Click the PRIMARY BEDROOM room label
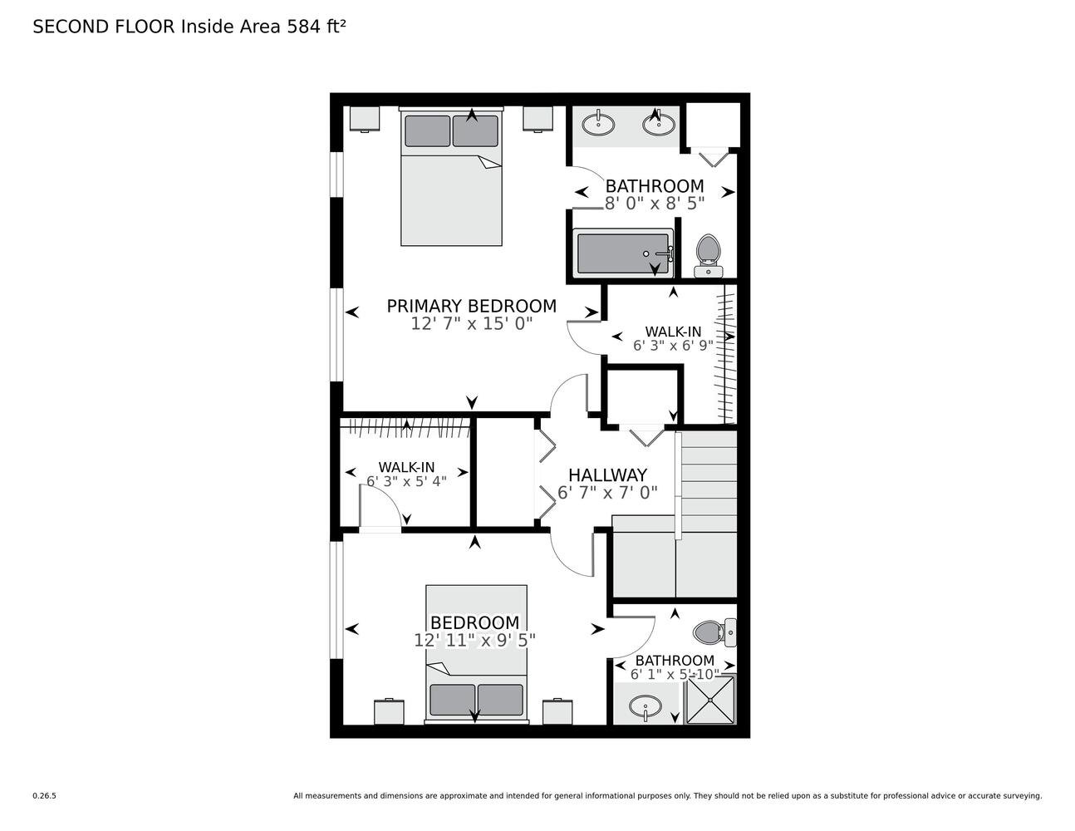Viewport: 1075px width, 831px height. pyautogui.click(x=472, y=306)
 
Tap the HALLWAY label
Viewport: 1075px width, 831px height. pyautogui.click(x=607, y=475)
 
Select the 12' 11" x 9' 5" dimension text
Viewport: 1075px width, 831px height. pyautogui.click(x=474, y=641)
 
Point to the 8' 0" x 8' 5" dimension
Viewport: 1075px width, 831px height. pyautogui.click(x=655, y=204)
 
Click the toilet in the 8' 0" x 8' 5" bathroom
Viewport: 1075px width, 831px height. pyautogui.click(x=708, y=256)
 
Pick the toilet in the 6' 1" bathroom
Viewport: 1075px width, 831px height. pyautogui.click(x=714, y=632)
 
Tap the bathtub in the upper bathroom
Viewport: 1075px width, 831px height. pyautogui.click(x=623, y=253)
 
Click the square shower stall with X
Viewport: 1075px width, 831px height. pyautogui.click(x=710, y=700)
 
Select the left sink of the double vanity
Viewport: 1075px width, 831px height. pyautogui.click(x=598, y=124)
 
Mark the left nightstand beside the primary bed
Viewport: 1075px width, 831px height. pyautogui.click(x=365, y=119)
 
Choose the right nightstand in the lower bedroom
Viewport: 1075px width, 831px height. pyautogui.click(x=557, y=711)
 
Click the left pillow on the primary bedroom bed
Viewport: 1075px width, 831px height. pyautogui.click(x=428, y=131)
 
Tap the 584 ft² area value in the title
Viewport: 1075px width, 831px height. pyautogui.click(x=317, y=27)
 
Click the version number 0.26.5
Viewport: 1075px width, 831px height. pyautogui.click(x=45, y=796)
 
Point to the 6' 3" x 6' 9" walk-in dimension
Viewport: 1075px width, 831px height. pyautogui.click(x=673, y=345)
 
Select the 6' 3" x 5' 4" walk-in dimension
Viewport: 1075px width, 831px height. pyautogui.click(x=406, y=481)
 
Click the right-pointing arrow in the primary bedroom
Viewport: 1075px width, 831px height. pyautogui.click(x=591, y=312)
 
